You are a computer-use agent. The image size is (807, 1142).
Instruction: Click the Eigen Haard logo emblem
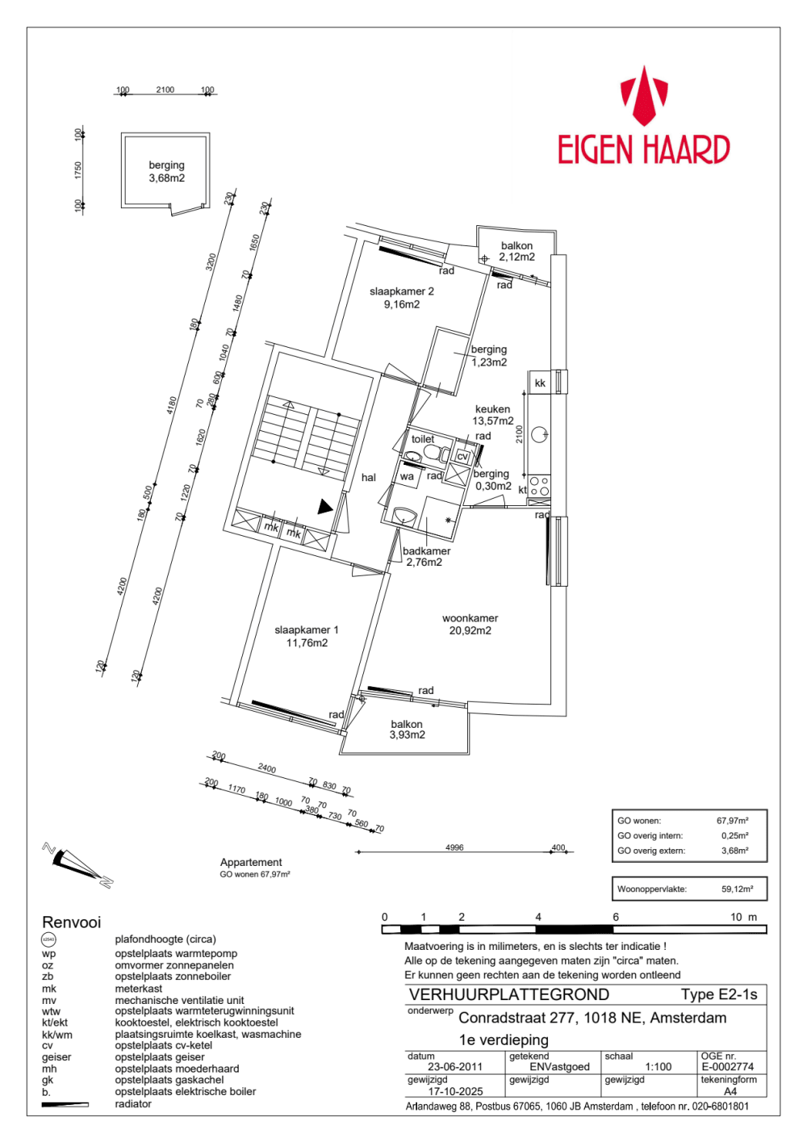(643, 96)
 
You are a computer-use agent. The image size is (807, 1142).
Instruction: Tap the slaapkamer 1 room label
(307, 630)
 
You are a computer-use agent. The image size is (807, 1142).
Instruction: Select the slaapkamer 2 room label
(402, 291)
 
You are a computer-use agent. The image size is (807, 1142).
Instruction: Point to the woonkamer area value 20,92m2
(470, 631)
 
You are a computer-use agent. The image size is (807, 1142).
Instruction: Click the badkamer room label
(426, 551)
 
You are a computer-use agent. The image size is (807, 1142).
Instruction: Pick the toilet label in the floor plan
(423, 439)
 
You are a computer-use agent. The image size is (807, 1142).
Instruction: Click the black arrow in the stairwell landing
(324, 507)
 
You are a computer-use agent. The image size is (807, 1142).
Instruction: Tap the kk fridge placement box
(540, 383)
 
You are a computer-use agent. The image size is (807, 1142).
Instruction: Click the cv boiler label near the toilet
(462, 457)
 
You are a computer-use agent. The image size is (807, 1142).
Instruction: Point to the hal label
(369, 478)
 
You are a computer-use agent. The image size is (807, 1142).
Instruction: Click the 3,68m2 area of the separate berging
(166, 178)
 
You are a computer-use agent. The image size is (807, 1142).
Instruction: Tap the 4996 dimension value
(454, 847)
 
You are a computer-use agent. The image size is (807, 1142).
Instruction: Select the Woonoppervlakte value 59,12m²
(737, 889)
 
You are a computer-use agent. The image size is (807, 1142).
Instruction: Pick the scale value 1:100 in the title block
(659, 1067)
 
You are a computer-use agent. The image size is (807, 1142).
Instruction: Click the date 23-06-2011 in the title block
(455, 1067)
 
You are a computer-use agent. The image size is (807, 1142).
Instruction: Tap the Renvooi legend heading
(72, 922)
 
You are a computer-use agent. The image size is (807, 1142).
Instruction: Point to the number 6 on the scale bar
(616, 917)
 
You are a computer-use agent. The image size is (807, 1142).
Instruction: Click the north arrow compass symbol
(77, 864)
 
